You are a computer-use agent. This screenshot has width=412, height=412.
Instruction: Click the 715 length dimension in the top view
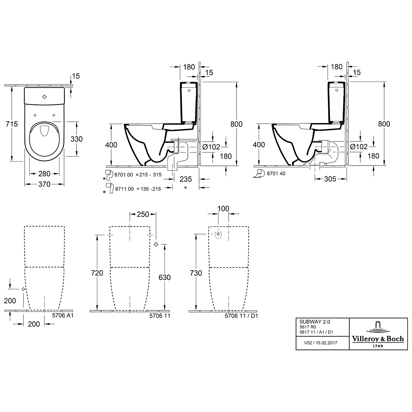[x=12, y=124]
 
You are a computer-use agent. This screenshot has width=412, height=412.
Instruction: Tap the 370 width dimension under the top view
[x=44, y=184]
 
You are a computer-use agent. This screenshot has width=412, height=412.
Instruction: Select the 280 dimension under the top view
[x=44, y=174]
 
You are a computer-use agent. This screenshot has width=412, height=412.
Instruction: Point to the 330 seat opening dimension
[x=76, y=139]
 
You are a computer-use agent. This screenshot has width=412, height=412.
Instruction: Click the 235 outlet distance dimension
[x=186, y=179]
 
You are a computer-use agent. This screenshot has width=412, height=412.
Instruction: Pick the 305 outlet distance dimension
[x=330, y=179]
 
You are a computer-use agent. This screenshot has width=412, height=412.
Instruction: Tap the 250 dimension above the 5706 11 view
[x=143, y=214]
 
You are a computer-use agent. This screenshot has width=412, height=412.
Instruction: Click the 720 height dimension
[x=97, y=273]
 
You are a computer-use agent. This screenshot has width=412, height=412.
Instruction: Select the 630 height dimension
[x=165, y=277]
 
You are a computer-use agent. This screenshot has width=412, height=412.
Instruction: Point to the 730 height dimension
[x=196, y=273]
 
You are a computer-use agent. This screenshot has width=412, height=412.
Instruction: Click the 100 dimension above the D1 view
[x=223, y=209]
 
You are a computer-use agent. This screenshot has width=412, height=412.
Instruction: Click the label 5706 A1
[x=63, y=316]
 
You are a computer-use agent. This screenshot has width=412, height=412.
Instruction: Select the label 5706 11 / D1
[x=241, y=316]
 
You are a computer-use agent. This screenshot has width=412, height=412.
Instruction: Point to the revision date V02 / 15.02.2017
[x=321, y=343]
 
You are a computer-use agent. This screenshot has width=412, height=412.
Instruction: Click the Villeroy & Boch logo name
[x=378, y=339]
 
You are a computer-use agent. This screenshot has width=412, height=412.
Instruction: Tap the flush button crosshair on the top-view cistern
[x=44, y=97]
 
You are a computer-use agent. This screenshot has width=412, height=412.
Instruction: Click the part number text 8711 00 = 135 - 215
[x=138, y=189]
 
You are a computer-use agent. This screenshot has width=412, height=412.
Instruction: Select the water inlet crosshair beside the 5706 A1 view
[x=23, y=289]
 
